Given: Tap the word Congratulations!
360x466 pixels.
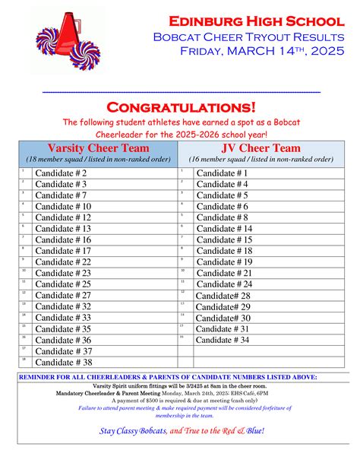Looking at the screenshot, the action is click(181, 107).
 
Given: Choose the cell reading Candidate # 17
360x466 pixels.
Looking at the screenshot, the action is click(64, 251).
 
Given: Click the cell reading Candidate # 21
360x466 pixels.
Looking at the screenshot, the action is click(224, 273).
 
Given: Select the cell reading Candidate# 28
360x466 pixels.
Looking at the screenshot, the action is click(223, 295).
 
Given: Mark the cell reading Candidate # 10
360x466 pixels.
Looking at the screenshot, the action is click(64, 206).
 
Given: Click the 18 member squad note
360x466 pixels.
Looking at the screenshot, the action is click(97, 160).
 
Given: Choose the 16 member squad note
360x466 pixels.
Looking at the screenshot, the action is click(261, 160).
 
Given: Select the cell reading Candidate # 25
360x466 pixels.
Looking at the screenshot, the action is click(64, 284).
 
